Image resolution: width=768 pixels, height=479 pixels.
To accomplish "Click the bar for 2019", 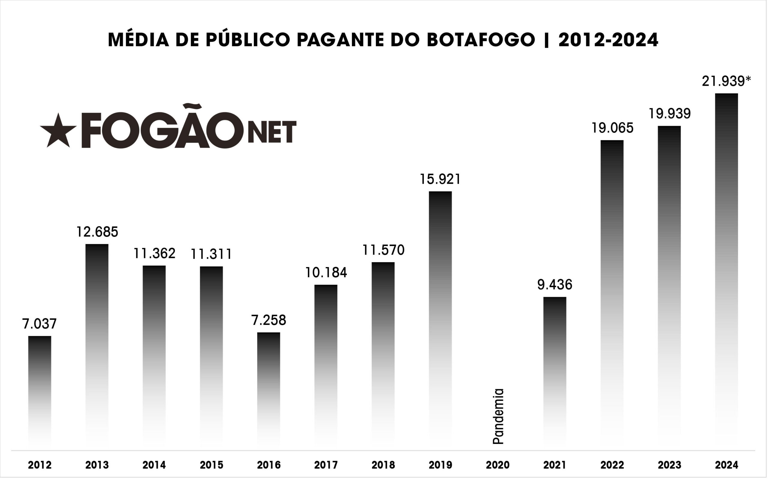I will click(x=440, y=317).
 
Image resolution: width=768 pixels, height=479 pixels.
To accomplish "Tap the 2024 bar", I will click(x=727, y=269).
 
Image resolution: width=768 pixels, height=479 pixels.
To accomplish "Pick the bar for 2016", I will click(x=268, y=390).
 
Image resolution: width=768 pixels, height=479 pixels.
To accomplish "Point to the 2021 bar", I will click(x=555, y=371).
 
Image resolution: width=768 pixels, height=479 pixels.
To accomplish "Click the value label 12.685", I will click(x=97, y=232).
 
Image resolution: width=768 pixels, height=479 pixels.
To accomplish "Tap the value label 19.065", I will click(x=612, y=128).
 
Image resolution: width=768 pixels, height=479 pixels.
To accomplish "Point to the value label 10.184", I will click(x=326, y=273).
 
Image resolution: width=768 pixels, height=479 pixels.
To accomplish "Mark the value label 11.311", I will click(x=211, y=254).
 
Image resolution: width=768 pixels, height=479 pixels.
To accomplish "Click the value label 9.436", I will click(x=555, y=285).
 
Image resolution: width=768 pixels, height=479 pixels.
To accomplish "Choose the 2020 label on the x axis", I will click(x=498, y=465).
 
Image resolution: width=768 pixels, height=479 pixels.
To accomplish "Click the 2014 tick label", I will click(x=154, y=465).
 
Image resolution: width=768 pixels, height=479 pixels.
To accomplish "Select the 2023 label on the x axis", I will click(x=669, y=465).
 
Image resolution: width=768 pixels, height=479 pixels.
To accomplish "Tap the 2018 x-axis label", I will click(x=383, y=465).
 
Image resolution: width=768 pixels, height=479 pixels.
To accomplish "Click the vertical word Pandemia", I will click(x=498, y=416).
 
